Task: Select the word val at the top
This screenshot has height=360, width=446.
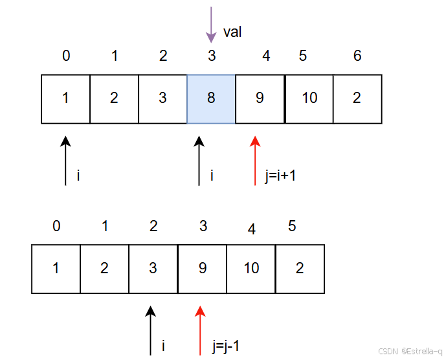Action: (x=232, y=32)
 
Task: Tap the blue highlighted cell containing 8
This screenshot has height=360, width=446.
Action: (x=211, y=99)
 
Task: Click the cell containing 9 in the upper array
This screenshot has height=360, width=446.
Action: (x=260, y=99)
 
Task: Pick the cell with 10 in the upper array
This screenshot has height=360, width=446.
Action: (x=309, y=99)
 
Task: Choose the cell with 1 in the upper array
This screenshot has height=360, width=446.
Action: (x=65, y=99)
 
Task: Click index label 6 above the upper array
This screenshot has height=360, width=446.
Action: (x=357, y=56)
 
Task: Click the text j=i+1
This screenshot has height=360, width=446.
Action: (x=280, y=175)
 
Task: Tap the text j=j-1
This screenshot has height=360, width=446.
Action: (x=225, y=346)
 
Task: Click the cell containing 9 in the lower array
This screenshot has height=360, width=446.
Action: (x=202, y=269)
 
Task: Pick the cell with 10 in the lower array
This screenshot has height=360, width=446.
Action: (x=251, y=269)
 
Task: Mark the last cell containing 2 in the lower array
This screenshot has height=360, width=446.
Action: (x=300, y=269)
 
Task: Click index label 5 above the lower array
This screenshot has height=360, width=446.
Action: (x=293, y=227)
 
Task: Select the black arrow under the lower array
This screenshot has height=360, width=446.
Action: (x=151, y=330)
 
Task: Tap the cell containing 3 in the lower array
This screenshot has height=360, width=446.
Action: (x=153, y=269)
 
